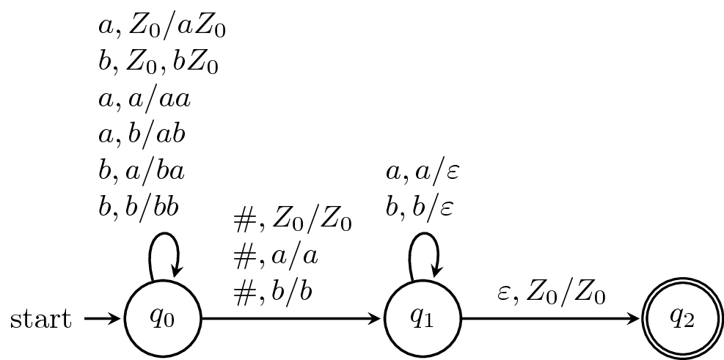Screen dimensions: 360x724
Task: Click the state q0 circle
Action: pyautogui.click(x=162, y=319)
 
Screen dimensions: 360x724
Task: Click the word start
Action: pyautogui.click(x=41, y=319)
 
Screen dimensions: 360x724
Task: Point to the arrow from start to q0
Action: pyautogui.click(x=103, y=319)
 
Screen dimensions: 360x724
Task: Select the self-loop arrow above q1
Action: pyautogui.click(x=424, y=257)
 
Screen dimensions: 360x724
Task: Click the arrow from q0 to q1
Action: pyautogui.click(x=293, y=319)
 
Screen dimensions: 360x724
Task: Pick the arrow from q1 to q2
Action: pyautogui.click(x=550, y=319)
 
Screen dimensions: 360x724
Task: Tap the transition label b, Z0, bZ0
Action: pyautogui.click(x=158, y=63)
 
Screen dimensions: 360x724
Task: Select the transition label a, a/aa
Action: pyautogui.click(x=145, y=99)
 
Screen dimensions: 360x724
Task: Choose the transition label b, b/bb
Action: pyautogui.click(x=139, y=207)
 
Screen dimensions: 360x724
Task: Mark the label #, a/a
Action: pyautogui.click(x=274, y=256)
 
